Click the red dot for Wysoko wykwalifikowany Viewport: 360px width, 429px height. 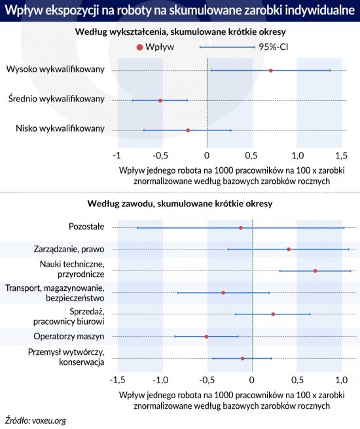tap(270, 71)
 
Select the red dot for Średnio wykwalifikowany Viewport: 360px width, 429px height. tap(160, 100)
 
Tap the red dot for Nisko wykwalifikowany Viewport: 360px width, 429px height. tap(188, 130)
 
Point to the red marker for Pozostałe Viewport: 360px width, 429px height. tap(241, 228)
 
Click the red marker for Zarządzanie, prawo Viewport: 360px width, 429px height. tap(289, 250)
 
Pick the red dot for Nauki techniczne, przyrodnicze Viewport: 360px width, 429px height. tap(315, 271)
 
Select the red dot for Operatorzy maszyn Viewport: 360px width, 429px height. tap(206, 336)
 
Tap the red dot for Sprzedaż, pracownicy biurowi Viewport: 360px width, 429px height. tap(273, 314)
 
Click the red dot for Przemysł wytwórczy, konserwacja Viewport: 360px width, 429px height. tap(242, 358)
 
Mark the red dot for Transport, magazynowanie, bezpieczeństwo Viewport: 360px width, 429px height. tap(223, 293)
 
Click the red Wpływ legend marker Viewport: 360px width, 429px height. tap(139, 47)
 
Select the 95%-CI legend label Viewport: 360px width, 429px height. tap(274, 47)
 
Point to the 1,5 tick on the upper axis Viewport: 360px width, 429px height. tap(342, 155)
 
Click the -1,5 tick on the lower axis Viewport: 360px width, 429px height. tap(117, 380)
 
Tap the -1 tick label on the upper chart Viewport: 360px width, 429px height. tap(117, 155)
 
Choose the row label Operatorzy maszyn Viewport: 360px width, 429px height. tap(69, 336)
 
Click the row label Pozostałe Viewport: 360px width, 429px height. tap(86, 227)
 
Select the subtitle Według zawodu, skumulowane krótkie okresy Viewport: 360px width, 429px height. tap(180, 204)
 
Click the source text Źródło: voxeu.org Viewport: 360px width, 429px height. tap(35, 420)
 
